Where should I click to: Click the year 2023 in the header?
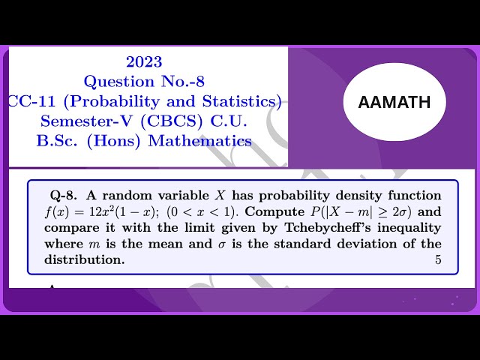coord(144,62)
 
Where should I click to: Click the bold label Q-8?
coord(58,195)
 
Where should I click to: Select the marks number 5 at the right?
coord(438,260)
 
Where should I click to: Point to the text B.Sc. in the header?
coord(59,140)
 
